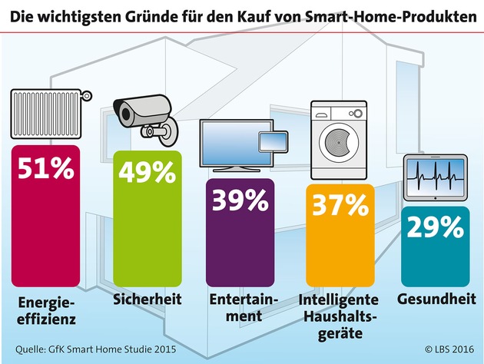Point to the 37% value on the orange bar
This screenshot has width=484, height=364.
pos(338,206)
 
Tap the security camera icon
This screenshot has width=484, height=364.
pos(145,119)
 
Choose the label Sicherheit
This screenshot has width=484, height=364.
pos(146,298)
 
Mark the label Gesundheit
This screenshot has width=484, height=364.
pos(435,298)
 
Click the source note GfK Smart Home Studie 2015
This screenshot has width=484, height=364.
pos(91,350)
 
